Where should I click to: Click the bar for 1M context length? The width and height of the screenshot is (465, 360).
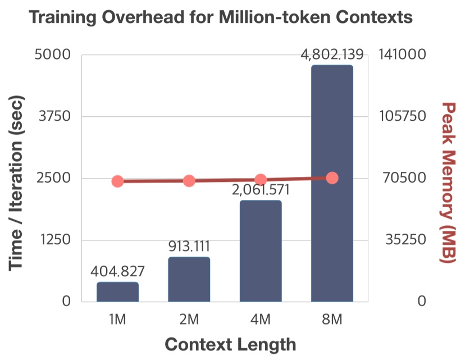point(117,292)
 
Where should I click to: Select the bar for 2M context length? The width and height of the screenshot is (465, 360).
point(189,279)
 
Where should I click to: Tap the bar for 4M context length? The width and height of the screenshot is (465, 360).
point(261,251)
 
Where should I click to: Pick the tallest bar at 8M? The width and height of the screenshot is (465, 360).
point(332,184)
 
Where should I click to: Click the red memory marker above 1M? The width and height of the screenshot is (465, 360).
point(117,181)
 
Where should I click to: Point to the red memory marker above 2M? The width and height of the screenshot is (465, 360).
point(189,181)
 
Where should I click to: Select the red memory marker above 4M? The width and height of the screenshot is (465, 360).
point(261,180)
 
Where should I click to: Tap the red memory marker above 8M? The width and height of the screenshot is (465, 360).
point(332,178)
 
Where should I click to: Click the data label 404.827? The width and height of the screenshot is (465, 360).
point(117,272)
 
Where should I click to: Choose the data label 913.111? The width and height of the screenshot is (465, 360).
point(189,247)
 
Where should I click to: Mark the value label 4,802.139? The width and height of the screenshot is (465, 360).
point(332,55)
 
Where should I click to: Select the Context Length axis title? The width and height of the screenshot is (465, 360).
point(230,344)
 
